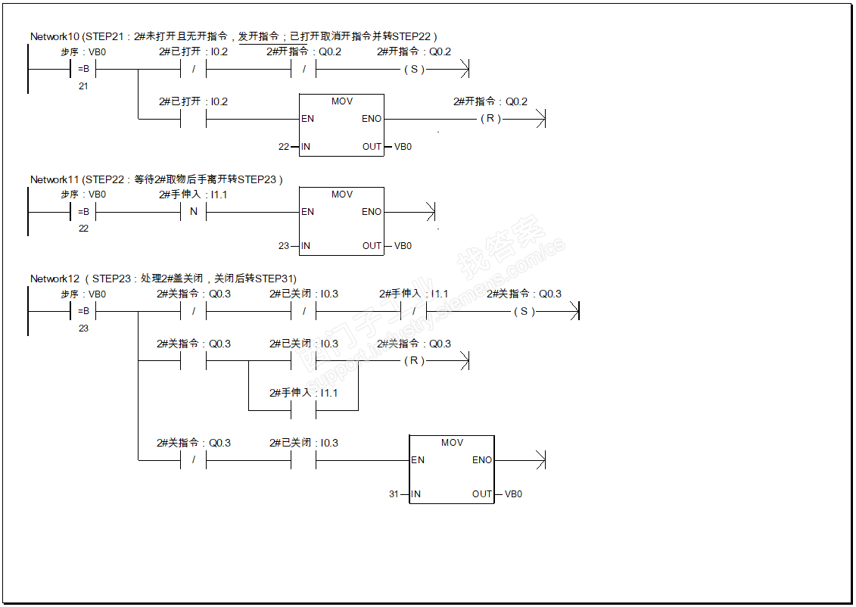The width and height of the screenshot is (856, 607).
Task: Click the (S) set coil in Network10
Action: point(414,70)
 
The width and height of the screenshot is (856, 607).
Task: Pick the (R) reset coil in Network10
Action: point(490,119)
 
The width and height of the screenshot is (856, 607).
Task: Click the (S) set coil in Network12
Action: point(524,312)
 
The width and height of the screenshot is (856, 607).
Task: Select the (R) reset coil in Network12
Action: point(414,361)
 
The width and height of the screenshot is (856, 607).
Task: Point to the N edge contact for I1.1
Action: point(193,212)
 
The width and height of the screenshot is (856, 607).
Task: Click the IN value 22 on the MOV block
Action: point(284,147)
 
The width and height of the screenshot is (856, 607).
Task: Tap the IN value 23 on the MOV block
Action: point(284,246)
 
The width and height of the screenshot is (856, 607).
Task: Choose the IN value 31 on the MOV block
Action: point(394,494)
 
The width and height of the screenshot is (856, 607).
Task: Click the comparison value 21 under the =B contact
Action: point(83,86)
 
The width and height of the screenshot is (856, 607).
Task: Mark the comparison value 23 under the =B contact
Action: point(83,328)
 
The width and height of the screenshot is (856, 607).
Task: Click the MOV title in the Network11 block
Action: point(342,195)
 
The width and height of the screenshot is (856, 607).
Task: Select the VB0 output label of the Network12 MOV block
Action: point(514,494)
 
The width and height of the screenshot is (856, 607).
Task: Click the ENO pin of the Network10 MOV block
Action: point(372,119)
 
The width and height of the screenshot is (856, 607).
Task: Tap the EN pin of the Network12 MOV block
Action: point(418,460)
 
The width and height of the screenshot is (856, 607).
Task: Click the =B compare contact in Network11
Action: point(83,212)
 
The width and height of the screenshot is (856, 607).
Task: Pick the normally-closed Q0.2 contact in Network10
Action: point(304,70)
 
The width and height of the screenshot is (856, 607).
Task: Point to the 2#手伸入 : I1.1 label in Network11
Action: point(193,195)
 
